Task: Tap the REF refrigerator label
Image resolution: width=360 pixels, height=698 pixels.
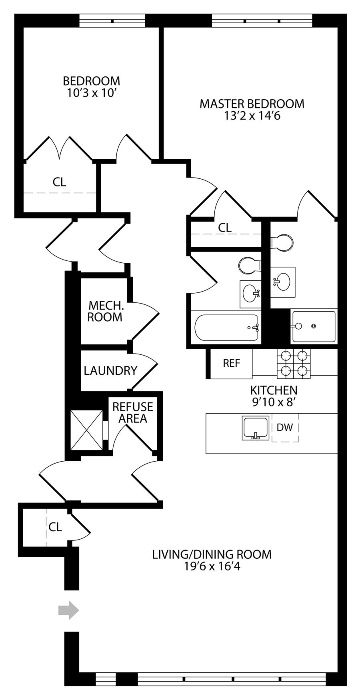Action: [x=232, y=363]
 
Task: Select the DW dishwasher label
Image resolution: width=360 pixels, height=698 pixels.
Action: [x=285, y=427]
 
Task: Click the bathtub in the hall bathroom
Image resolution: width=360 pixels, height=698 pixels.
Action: [x=226, y=328]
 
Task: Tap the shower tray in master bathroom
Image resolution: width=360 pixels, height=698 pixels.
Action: [x=314, y=326]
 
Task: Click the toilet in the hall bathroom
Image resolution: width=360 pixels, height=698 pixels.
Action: [x=249, y=265]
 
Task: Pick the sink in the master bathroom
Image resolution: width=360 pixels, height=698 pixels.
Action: [x=283, y=282]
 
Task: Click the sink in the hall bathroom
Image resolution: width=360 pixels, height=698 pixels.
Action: [x=251, y=294]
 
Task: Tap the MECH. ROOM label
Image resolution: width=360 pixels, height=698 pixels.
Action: [x=105, y=311]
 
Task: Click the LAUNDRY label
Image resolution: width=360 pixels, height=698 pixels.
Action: [x=110, y=370]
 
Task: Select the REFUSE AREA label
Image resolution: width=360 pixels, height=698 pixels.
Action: [x=133, y=412]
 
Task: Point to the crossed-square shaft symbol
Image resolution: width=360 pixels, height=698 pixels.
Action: [x=86, y=430]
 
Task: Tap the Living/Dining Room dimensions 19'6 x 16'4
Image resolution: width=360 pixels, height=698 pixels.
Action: [x=212, y=566]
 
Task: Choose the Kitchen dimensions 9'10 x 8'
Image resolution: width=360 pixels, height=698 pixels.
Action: [x=274, y=402]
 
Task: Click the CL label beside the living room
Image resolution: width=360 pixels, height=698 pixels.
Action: [x=55, y=527]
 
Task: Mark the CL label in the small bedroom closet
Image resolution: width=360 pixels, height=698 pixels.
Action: [x=59, y=182]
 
